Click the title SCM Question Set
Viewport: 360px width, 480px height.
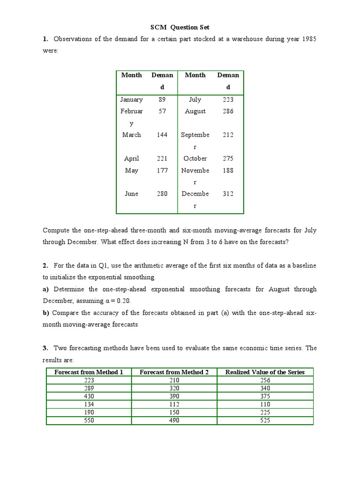click(x=180, y=27)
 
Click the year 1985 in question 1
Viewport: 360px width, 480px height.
click(x=307, y=39)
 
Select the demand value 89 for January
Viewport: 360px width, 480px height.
click(x=162, y=99)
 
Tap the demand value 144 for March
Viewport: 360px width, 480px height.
click(x=162, y=135)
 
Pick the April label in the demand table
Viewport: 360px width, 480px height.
click(x=131, y=158)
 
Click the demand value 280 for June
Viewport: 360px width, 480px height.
click(x=162, y=194)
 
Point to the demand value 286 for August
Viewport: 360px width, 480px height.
click(x=228, y=111)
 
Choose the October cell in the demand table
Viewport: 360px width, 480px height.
click(x=195, y=158)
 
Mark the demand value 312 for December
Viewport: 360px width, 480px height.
click(x=228, y=194)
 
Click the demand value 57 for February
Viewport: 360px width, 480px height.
click(x=162, y=111)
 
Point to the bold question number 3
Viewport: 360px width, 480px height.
click(x=45, y=348)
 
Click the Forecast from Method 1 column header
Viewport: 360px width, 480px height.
click(x=89, y=372)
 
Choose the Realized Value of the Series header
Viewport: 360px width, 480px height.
click(x=265, y=372)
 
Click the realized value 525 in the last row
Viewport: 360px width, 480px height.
click(x=265, y=420)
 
